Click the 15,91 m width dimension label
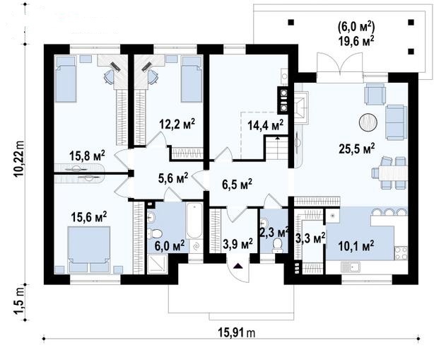(237, 332)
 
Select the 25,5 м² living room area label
(357, 149)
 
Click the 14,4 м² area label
(265, 125)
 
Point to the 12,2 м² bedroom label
(177, 124)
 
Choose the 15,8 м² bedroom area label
(87, 156)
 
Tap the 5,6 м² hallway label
(173, 178)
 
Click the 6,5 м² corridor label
(237, 184)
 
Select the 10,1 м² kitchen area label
(356, 245)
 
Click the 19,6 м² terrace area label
(356, 42)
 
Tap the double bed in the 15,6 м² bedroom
(89, 249)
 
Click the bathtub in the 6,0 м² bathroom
(194, 221)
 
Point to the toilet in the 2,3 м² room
(277, 246)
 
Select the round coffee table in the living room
(368, 122)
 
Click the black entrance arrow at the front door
(237, 266)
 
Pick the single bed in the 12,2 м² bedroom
(192, 79)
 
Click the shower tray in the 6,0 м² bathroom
(157, 265)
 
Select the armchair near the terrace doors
(375, 94)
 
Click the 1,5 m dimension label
(20, 302)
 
